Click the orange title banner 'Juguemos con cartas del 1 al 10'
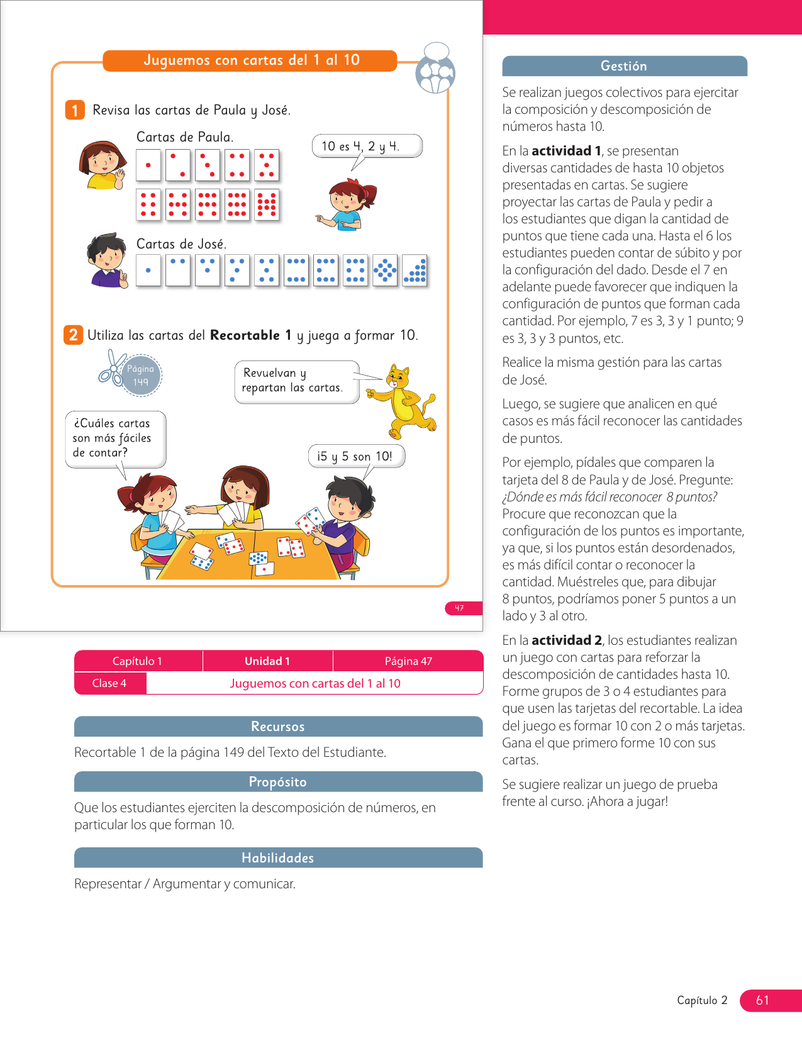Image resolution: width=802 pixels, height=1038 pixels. [250, 60]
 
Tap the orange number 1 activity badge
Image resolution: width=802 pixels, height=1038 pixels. [75, 110]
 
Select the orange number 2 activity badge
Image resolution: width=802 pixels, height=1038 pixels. [73, 335]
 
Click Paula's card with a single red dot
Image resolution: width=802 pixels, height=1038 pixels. [148, 165]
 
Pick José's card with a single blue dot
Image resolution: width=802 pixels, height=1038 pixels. [148, 271]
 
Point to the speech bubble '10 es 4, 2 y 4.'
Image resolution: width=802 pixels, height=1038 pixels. [367, 146]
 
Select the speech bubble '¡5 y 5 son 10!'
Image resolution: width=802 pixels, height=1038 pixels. [356, 456]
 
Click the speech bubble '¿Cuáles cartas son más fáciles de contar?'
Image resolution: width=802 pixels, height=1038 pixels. [115, 438]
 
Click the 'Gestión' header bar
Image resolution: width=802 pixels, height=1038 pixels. [624, 66]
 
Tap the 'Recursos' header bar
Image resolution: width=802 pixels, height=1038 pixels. [278, 727]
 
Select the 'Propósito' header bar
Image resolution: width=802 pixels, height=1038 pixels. [278, 782]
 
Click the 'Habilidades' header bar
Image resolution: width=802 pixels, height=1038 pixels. [278, 858]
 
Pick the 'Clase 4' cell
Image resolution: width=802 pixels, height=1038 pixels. [110, 683]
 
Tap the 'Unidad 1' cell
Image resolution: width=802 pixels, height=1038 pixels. [267, 661]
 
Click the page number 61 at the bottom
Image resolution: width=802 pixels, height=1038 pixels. [763, 1000]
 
